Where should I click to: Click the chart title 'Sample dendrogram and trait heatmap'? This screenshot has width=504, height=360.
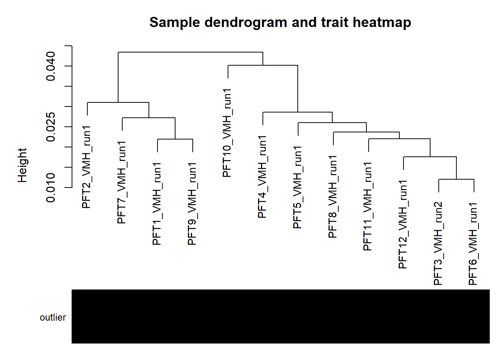tap(280, 22)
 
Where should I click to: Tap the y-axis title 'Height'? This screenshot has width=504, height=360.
tap(22, 165)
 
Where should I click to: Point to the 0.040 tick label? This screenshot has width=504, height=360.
tap(51, 66)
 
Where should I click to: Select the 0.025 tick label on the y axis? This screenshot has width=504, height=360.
tap(51, 127)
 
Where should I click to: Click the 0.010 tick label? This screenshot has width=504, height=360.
tap(51, 187)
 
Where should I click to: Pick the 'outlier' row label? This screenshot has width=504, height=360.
tap(53, 317)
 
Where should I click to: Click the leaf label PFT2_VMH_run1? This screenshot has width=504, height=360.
tap(86, 167)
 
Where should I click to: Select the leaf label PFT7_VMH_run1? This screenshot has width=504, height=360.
tap(121, 183)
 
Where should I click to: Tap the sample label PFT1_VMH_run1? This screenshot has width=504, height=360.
tap(157, 204)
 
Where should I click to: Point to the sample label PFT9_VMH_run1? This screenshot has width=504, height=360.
tap(192, 204)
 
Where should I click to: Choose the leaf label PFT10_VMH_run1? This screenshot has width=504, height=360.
tap(227, 133)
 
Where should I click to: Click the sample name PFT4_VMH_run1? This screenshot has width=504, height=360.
tap(262, 177)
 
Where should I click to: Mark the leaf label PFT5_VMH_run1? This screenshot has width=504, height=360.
tap(297, 187)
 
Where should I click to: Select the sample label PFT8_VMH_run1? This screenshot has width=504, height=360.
tap(333, 197)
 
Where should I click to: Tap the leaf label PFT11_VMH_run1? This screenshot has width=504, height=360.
tap(368, 206)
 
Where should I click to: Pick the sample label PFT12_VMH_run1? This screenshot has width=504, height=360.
tap(403, 224)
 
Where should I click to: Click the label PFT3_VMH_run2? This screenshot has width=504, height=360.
tap(438, 244)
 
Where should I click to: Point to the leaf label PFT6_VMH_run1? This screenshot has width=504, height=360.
tap(473, 244)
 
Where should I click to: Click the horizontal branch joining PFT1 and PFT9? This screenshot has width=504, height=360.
tap(175, 139)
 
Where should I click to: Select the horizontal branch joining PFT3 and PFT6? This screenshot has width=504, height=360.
tap(456, 179)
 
